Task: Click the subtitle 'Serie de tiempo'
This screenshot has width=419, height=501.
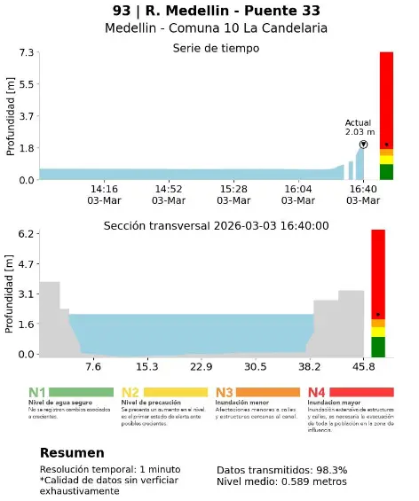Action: (216, 48)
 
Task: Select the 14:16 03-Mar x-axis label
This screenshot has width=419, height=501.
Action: (105, 195)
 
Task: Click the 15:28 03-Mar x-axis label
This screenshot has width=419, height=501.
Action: (233, 195)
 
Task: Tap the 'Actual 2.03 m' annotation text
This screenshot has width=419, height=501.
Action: (360, 127)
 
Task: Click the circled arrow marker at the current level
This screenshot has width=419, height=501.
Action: (363, 145)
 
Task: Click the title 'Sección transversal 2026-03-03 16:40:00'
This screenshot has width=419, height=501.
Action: (216, 226)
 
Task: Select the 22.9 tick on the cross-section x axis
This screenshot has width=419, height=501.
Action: (202, 366)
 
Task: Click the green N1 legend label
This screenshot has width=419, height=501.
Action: (37, 392)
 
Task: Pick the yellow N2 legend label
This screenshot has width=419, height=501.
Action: (130, 392)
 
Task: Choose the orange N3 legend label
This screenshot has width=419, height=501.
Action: (224, 392)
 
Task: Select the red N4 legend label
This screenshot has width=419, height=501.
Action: (317, 392)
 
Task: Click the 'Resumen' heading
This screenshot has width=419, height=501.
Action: (72, 453)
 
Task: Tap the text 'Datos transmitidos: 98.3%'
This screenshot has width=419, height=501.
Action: (281, 470)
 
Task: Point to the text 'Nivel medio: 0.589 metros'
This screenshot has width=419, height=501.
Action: (281, 481)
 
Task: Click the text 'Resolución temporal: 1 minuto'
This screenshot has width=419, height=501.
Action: (110, 470)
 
